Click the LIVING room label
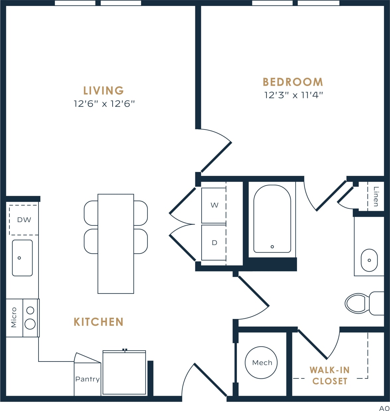click(103, 91)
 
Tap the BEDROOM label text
click(293, 82)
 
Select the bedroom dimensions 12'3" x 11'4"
click(293, 95)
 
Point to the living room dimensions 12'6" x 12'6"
click(104, 104)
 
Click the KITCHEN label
click(98, 322)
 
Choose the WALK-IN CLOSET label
click(330, 375)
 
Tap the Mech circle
click(261, 363)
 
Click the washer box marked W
click(214, 205)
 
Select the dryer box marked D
click(214, 243)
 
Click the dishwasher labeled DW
click(24, 220)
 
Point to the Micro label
click(14, 317)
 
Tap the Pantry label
click(87, 379)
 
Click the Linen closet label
click(376, 196)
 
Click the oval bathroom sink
click(369, 260)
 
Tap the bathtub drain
click(272, 247)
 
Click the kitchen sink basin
click(22, 258)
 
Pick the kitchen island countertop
click(116, 244)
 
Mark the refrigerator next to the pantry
click(124, 372)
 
